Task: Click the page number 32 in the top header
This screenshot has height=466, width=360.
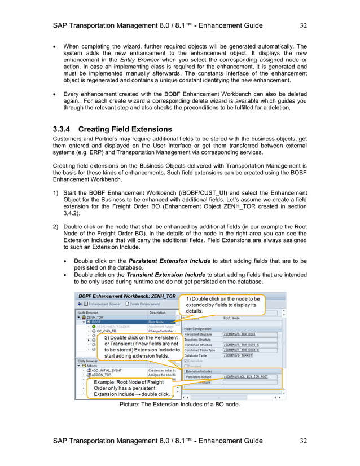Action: pos(303,25)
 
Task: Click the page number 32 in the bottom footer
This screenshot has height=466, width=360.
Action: pos(303,441)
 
